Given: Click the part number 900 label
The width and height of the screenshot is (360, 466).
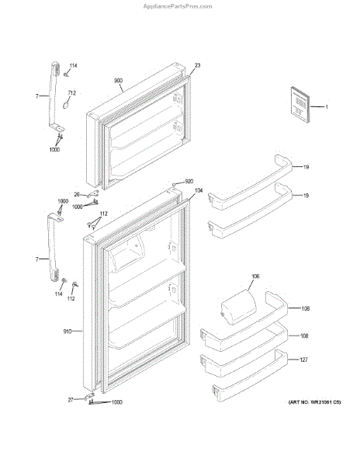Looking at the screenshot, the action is (x=118, y=81).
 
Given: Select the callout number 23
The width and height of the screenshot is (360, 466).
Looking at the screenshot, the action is (x=197, y=65).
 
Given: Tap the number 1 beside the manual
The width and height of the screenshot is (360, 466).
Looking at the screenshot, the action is (x=327, y=107).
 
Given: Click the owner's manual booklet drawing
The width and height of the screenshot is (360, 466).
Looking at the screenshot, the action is (x=300, y=104).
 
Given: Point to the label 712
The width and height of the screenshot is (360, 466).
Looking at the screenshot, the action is (x=72, y=93).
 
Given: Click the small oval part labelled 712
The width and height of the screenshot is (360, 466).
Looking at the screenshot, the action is (x=67, y=105).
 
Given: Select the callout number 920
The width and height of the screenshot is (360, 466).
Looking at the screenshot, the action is (x=189, y=181).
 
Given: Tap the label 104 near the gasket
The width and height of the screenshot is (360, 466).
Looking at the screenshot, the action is (x=199, y=190).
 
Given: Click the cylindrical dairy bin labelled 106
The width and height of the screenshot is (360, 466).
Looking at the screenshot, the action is (x=238, y=307).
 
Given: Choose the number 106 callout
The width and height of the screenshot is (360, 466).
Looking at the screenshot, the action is (x=255, y=276).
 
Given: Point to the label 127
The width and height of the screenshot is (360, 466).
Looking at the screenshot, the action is (x=303, y=360).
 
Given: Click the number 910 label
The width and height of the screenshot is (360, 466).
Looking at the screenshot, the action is (x=67, y=331).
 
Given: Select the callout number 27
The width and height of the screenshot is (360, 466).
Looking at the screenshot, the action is (x=71, y=400).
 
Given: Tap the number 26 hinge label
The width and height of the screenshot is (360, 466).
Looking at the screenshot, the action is (x=77, y=195).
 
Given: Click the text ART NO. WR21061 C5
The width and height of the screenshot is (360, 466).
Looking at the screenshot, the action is (x=314, y=402).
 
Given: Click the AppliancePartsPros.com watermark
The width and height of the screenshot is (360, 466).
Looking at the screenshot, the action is (x=178, y=6).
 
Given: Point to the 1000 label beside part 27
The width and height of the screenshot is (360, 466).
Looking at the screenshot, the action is (x=116, y=402).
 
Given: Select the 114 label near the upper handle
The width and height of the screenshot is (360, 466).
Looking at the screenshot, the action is (x=73, y=66).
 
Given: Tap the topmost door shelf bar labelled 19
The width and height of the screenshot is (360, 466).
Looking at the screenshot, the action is (x=250, y=183).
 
